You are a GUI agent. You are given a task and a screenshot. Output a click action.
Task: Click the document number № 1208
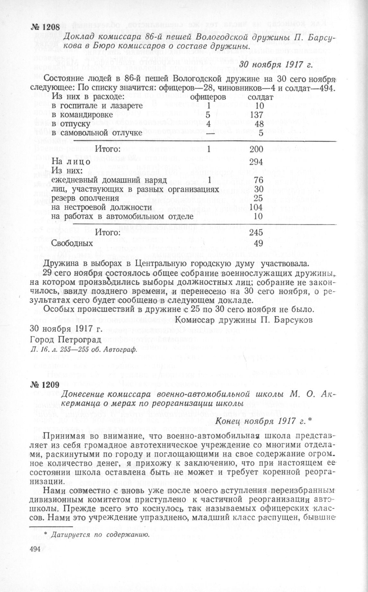pyautogui.click(x=45, y=27)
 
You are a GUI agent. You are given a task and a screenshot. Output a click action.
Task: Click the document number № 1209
pyautogui.click(x=45, y=384)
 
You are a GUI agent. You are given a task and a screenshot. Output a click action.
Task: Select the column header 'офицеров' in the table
pyautogui.click(x=208, y=97)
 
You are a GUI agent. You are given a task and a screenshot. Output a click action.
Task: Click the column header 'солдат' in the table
pyautogui.click(x=260, y=97)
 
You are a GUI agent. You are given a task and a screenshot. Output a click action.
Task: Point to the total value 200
pyautogui.click(x=256, y=149)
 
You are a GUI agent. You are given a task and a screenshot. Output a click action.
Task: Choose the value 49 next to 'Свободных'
pyautogui.click(x=258, y=243)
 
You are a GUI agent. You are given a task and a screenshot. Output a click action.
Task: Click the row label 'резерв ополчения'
pyautogui.click(x=85, y=198)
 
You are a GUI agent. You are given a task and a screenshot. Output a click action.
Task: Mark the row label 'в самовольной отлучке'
pyautogui.click(x=97, y=132)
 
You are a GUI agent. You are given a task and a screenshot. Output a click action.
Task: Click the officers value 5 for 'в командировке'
pyautogui.click(x=208, y=115)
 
